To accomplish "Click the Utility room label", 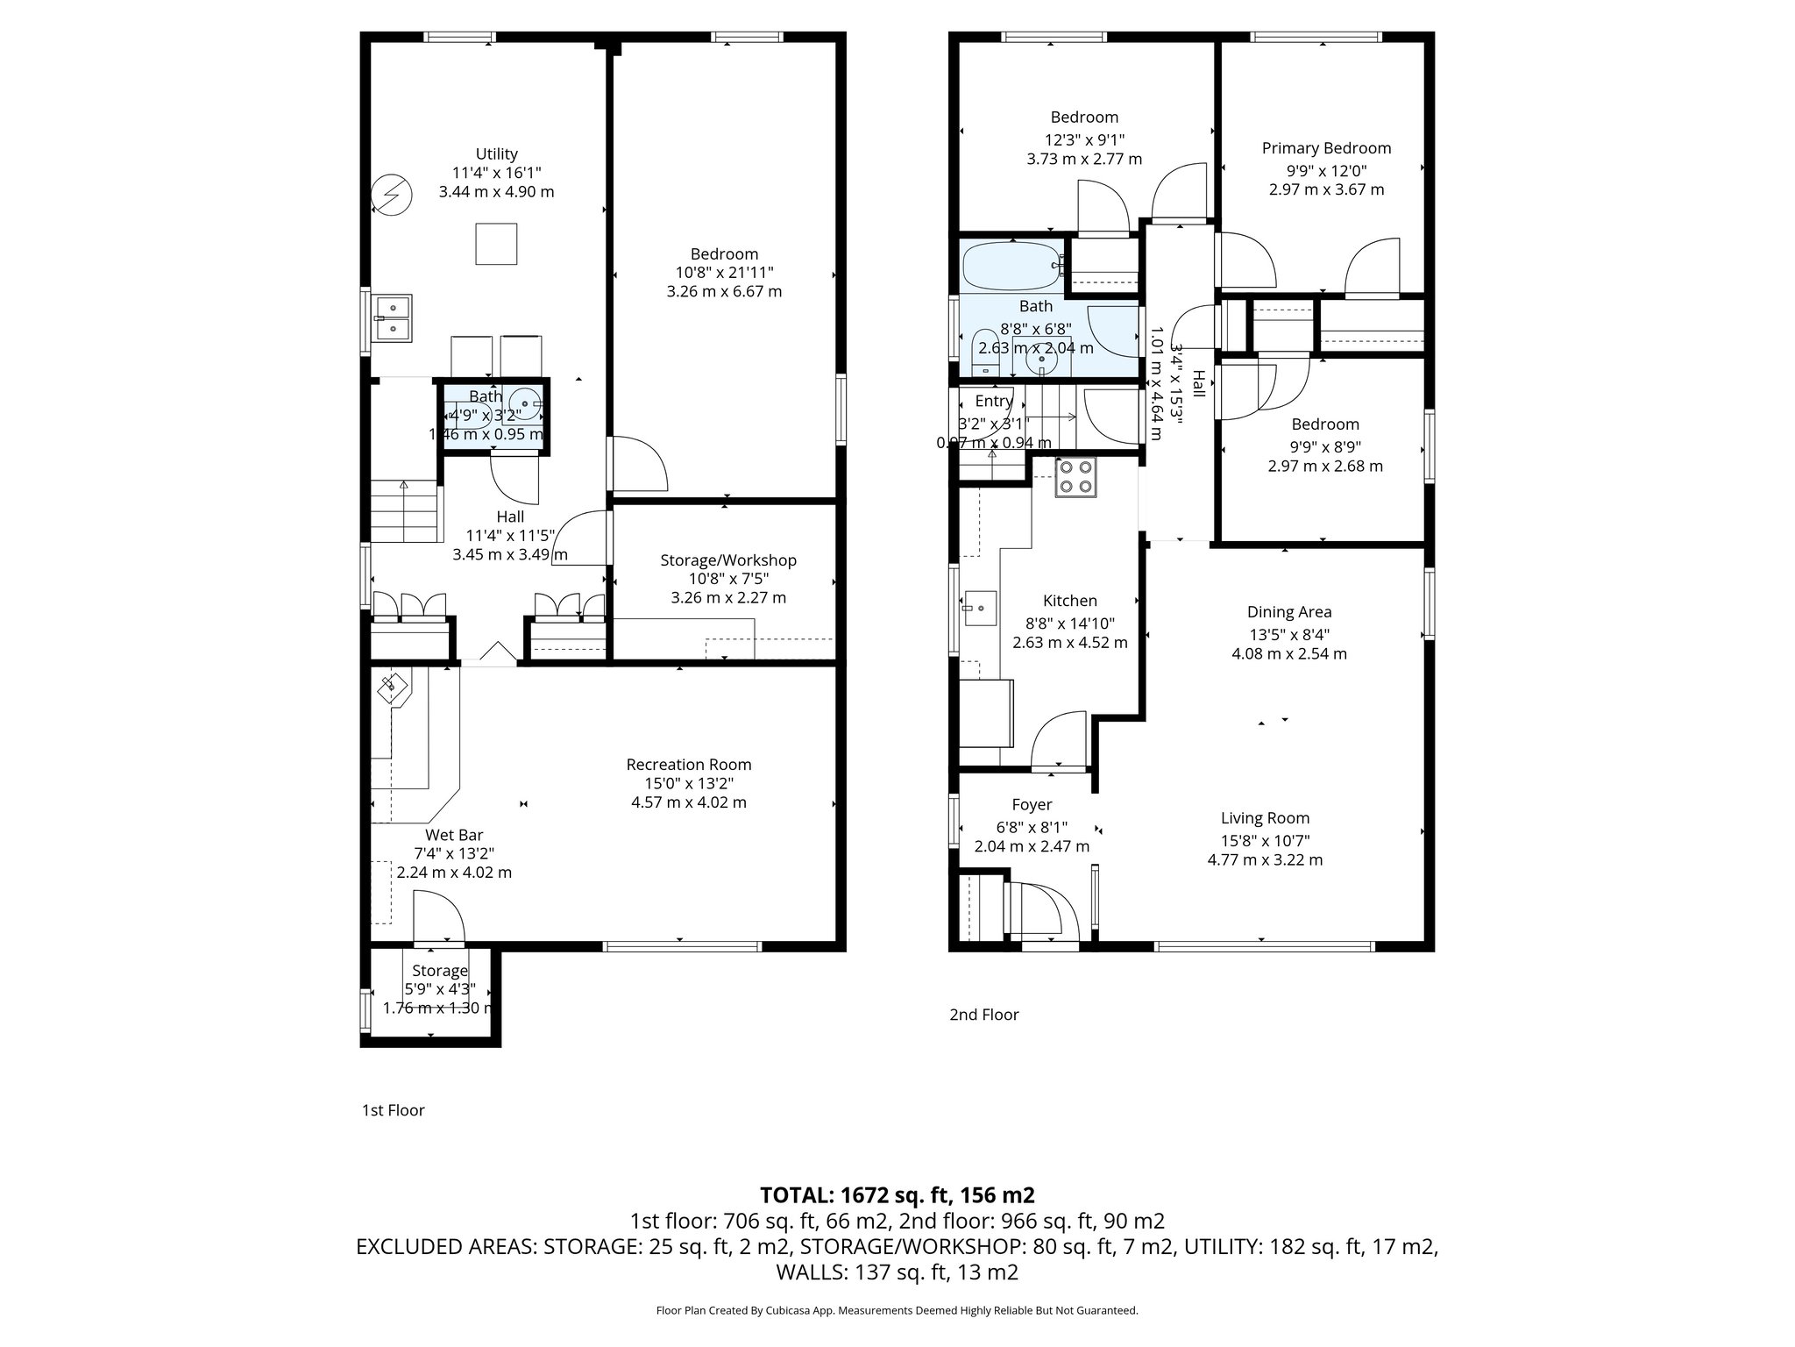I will tap(496, 153).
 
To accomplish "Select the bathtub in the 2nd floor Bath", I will tap(1012, 267).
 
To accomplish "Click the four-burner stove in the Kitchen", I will tap(1075, 477).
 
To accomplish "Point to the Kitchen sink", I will tap(980, 607).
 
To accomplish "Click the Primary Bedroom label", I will tap(1326, 148).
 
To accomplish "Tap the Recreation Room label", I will tap(688, 765).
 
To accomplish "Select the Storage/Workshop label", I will tap(727, 560).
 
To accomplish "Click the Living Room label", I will tap(1265, 818).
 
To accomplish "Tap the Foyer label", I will tap(1032, 805).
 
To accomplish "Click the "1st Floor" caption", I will tap(393, 1110).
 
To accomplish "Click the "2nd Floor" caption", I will tap(983, 1015).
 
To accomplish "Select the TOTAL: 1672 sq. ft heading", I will tap(897, 1194).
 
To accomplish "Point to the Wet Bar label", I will tap(454, 835).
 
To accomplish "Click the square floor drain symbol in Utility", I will tap(496, 244).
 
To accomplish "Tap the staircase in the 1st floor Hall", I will tap(403, 512).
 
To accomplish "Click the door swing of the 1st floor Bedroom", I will tap(637, 465).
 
